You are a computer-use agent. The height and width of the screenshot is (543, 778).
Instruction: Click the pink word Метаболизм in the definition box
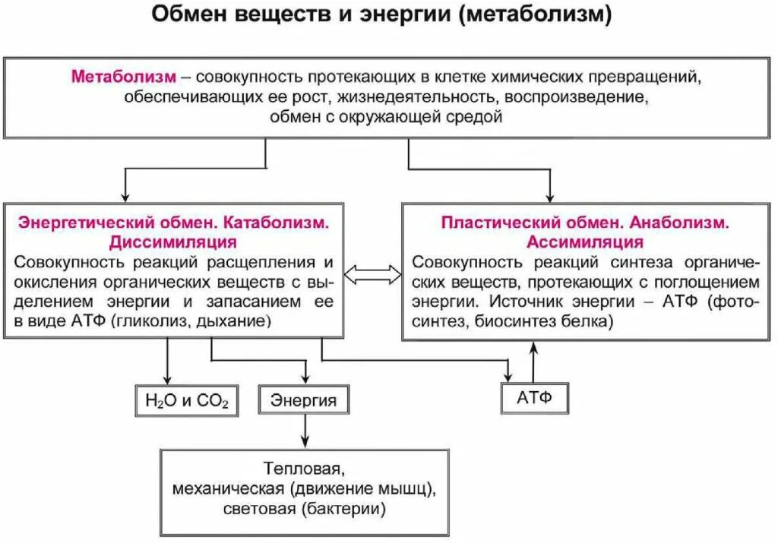[125, 77]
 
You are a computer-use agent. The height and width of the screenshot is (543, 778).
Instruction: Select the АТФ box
[534, 398]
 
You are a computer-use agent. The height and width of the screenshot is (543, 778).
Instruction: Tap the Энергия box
[303, 400]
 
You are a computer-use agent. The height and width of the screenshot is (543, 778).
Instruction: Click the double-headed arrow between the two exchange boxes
[372, 274]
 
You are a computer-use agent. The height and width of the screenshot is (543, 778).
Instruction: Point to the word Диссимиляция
[172, 242]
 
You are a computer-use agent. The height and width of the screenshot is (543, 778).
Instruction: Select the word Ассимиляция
[585, 242]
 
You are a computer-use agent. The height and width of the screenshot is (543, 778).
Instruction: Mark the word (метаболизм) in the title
[535, 16]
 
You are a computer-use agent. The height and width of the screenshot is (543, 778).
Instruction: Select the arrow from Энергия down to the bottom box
[305, 431]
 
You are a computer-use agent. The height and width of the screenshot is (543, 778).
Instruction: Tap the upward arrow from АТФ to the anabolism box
[533, 361]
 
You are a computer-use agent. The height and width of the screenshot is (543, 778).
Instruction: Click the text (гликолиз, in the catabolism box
[151, 321]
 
